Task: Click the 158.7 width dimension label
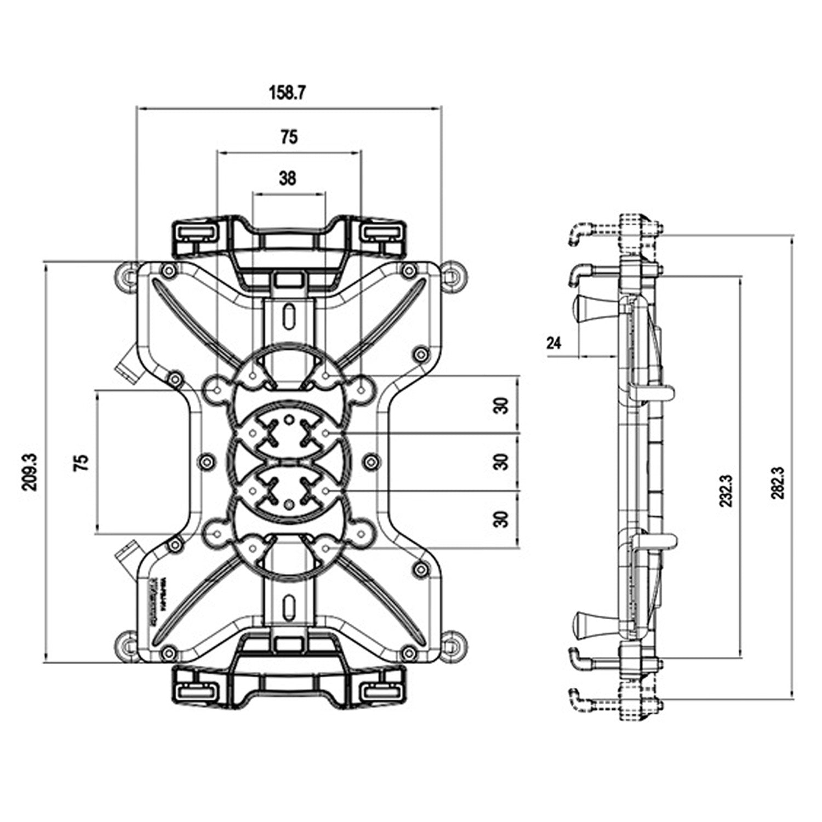[287, 93]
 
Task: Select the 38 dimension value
[287, 178]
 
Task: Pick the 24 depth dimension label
[554, 344]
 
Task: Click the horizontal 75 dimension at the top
[289, 137]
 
